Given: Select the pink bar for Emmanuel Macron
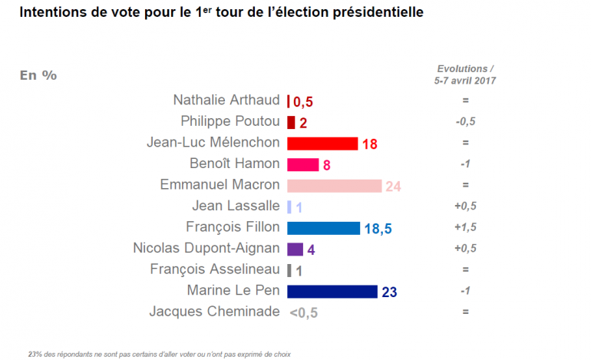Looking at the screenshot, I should pos(334,186).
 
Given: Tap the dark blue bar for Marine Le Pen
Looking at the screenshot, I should pos(332,291).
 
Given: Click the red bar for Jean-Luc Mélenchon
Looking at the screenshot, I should pos(322,144).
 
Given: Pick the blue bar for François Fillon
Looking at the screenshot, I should pos(323,228).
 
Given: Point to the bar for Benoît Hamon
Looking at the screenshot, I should pos(303,164).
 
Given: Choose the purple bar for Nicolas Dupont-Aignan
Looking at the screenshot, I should pos(295,249).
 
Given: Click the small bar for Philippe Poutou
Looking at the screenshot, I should pos(291,122).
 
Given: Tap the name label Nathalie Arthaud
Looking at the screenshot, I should pos(226,101).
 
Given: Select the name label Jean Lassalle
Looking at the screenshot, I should pos(238,206).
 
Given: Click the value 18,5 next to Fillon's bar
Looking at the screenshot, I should pos(378,229).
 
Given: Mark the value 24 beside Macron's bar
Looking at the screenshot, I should pos(394,187).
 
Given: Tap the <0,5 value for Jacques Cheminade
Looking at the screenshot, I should pos(304,312).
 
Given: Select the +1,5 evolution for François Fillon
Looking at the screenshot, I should pos(465,228).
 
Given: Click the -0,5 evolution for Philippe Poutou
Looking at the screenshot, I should pos(465,122).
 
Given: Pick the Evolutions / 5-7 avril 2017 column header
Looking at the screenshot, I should pos(465,74).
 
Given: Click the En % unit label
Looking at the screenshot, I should pos(38,75).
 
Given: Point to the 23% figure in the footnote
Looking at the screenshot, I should pos(35,354).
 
